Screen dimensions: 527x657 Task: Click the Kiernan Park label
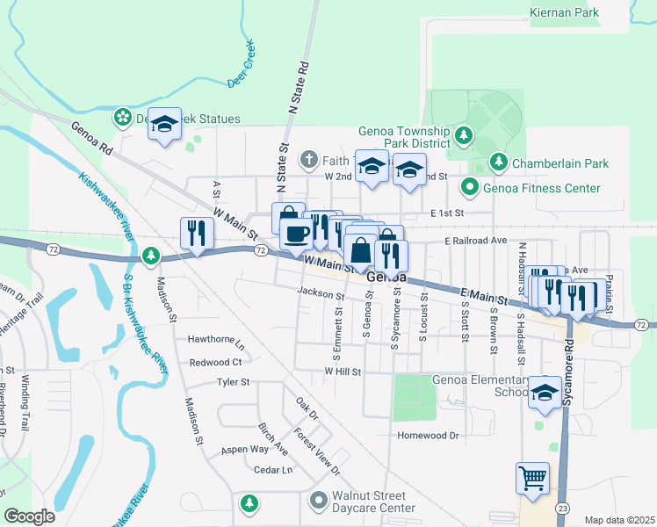pos(565,13)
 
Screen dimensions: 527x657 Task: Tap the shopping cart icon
pos(532,480)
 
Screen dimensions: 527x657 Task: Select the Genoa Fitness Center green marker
pos(470,187)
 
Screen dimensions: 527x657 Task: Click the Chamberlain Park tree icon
pos(499,162)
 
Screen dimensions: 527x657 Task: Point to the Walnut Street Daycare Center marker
pos(318,501)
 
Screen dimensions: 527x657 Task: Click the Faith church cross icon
pos(307,160)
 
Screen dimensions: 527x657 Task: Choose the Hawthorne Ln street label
pos(215,338)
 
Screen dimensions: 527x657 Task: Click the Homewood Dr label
pos(429,435)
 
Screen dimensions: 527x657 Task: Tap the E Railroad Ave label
pos(476,239)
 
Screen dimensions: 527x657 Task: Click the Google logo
pos(29,516)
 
